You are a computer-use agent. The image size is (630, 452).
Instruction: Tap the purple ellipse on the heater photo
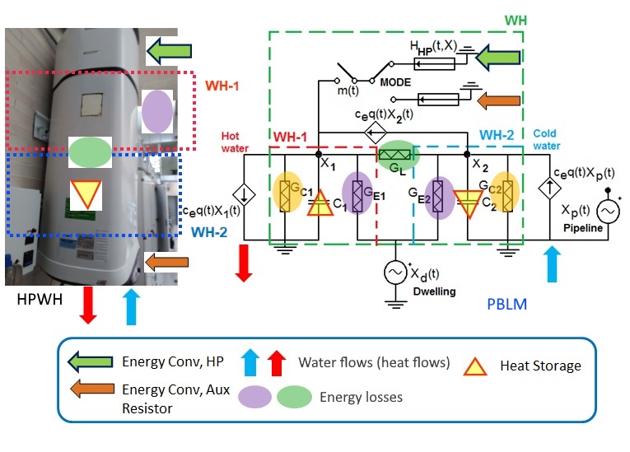coord(157,111)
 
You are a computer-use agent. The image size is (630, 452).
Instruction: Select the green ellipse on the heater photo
coord(90,152)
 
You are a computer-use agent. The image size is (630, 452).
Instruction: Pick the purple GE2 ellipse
coord(439,195)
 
